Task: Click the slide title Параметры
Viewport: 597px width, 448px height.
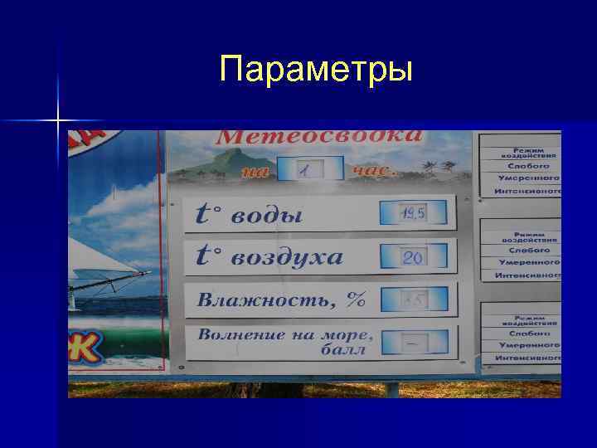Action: click(316, 69)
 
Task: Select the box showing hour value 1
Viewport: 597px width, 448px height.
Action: click(308, 169)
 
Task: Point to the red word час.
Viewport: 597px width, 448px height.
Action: click(374, 171)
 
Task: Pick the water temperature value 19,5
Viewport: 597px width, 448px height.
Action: click(413, 214)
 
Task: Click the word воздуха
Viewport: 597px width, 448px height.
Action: click(286, 257)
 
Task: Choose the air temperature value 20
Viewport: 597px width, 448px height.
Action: click(413, 258)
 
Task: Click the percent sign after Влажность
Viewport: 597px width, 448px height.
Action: click(357, 299)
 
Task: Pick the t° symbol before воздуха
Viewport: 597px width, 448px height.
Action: click(208, 257)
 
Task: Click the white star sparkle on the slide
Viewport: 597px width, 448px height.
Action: click(59, 121)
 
